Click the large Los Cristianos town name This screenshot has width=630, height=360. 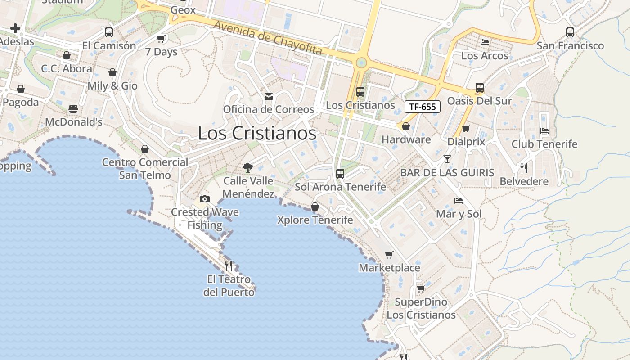(257, 133)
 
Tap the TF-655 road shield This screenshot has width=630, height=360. (423, 107)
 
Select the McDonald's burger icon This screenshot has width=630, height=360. (73, 109)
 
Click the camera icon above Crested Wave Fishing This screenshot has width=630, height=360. (205, 199)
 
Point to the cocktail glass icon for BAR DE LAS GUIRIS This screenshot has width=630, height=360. (447, 159)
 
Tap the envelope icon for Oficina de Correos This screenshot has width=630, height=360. (269, 96)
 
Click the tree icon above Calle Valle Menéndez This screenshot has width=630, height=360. (247, 168)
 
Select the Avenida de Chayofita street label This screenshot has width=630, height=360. (268, 38)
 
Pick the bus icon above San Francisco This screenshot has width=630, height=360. (570, 32)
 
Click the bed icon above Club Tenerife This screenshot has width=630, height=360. (544, 131)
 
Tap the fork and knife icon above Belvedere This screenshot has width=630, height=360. (524, 168)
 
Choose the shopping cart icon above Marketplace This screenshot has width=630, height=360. (389, 255)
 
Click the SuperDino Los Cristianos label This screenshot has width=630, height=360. (421, 308)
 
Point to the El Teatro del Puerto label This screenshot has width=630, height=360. (229, 286)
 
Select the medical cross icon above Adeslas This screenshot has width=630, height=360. (15, 29)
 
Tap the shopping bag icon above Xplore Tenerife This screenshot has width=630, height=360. (315, 207)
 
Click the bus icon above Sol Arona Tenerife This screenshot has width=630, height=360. (340, 174)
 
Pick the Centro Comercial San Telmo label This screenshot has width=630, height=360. (145, 168)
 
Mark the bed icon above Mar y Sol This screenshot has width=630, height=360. (459, 201)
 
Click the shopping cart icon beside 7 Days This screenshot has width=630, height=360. (161, 39)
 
